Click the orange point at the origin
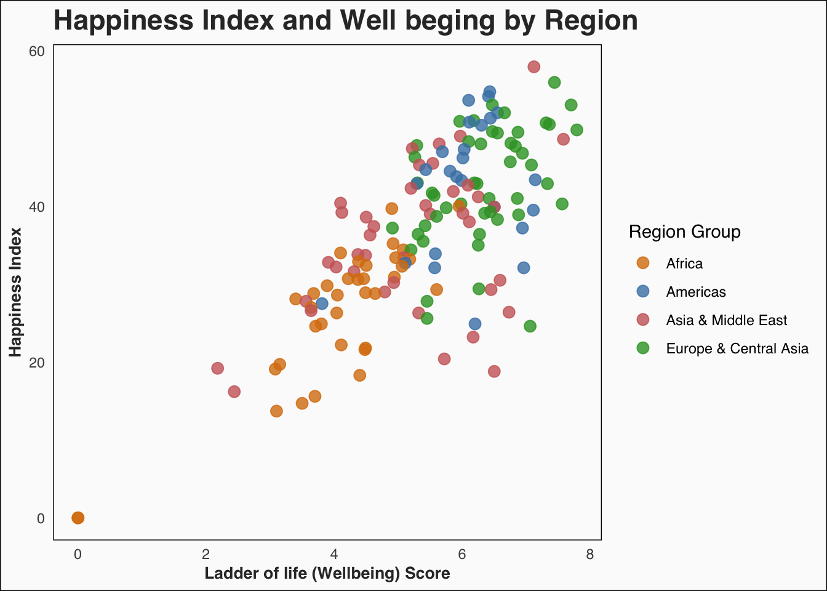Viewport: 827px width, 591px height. click(78, 518)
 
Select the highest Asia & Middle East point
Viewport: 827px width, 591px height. click(533, 66)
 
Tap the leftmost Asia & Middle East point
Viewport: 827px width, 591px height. click(217, 368)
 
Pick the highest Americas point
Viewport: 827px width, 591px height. click(490, 92)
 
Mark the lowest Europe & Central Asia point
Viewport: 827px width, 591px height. click(530, 326)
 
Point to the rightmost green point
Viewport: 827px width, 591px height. click(577, 130)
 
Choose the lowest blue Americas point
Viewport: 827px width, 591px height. click(475, 324)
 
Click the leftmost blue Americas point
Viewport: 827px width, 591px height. click(322, 304)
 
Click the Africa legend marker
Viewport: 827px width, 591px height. click(642, 263)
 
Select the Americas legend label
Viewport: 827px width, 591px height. click(696, 292)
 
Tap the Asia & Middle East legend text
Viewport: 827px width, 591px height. click(727, 320)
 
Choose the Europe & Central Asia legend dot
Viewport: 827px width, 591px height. click(642, 348)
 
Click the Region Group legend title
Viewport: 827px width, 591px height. click(684, 232)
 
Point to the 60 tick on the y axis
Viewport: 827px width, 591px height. click(37, 51)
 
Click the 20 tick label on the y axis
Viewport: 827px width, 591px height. click(37, 363)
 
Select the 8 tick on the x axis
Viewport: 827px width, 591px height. click(590, 554)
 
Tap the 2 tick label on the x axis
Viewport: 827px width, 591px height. click(206, 554)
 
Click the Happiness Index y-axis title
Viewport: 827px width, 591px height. click(16, 292)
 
